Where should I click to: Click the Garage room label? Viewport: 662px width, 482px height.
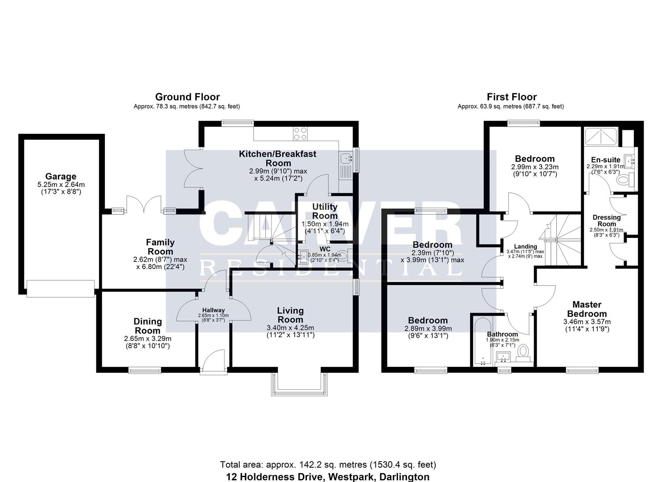coord(61,176)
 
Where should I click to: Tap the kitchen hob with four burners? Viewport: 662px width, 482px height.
coord(300,133)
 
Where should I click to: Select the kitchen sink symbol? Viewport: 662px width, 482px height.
coord(345,158)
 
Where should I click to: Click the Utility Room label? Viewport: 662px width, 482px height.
coord(325,211)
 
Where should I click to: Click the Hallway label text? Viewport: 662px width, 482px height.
coord(214,310)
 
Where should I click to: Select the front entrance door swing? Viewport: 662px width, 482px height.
coord(213,360)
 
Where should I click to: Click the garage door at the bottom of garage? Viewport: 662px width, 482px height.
coord(61,288)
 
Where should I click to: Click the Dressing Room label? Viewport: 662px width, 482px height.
coord(606,220)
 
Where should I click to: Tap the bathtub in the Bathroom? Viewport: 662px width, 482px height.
coord(482,341)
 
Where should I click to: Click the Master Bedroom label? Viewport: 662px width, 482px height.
coord(587,309)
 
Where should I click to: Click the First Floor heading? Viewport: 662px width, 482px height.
coord(511,97)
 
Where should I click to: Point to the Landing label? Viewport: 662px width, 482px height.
coord(526,246)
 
